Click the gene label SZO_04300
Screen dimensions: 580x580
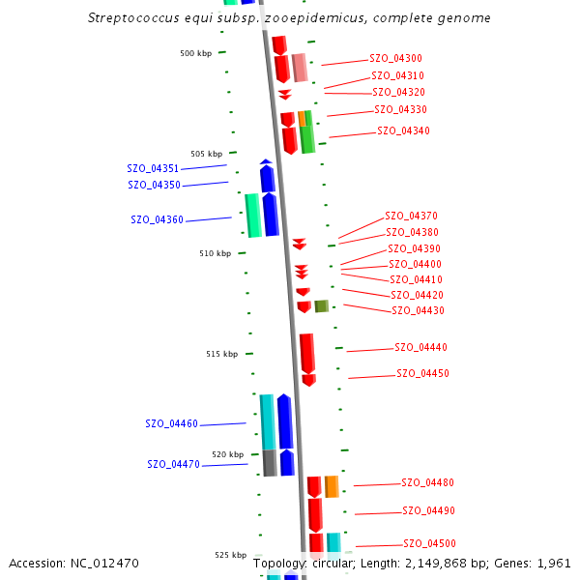395,59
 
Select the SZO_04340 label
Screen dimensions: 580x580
403,131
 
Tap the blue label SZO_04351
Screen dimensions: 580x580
153,169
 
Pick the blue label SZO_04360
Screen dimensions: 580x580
157,220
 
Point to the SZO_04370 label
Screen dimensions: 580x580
411,217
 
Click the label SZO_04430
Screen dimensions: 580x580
418,311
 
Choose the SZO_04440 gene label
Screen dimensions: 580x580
420,348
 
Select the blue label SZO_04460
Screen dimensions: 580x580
171,424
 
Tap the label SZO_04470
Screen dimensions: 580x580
173,465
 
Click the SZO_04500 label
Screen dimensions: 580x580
429,544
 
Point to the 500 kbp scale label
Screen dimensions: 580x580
195,54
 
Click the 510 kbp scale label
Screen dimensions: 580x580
216,254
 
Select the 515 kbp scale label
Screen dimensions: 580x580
221,355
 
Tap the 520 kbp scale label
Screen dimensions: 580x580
228,454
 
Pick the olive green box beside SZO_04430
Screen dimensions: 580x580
321,306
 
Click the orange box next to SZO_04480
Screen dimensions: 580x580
332,486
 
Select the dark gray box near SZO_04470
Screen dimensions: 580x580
270,463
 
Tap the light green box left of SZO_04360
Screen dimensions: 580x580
253,215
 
